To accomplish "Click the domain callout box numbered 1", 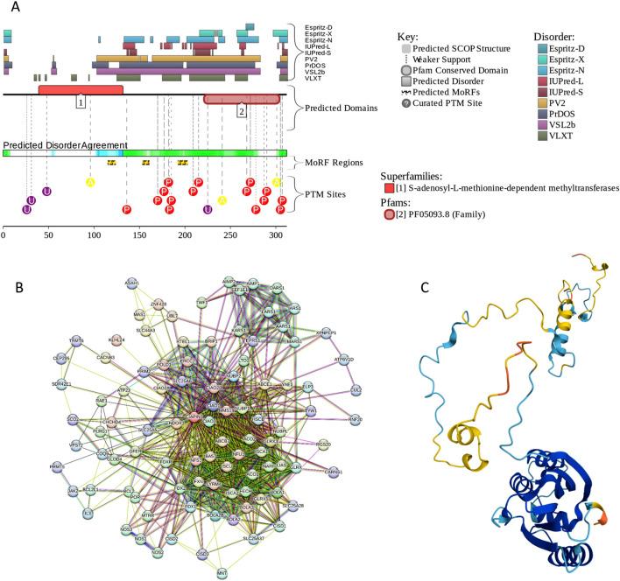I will click(80, 101).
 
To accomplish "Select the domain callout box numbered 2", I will click(242, 110).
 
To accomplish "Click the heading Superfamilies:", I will click(415, 174).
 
